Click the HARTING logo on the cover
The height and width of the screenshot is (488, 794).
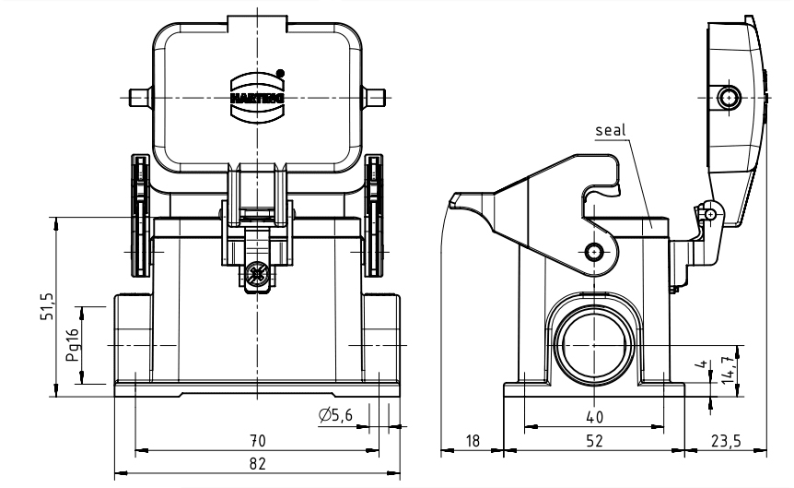pos(257,95)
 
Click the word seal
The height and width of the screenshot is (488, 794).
pos(611,130)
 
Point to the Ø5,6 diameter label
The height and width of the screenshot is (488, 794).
pos(336,416)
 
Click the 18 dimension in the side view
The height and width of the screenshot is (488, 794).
pos(473,442)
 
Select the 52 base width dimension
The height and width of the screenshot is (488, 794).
pos(594,442)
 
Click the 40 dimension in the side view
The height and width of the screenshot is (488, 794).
pos(594,416)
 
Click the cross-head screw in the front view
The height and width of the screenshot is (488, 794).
pos(257,274)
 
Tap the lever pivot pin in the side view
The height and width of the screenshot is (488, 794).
pos(595,252)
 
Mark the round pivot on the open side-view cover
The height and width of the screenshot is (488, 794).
pos(730,98)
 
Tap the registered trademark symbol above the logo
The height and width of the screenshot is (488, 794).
pos(281,71)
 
